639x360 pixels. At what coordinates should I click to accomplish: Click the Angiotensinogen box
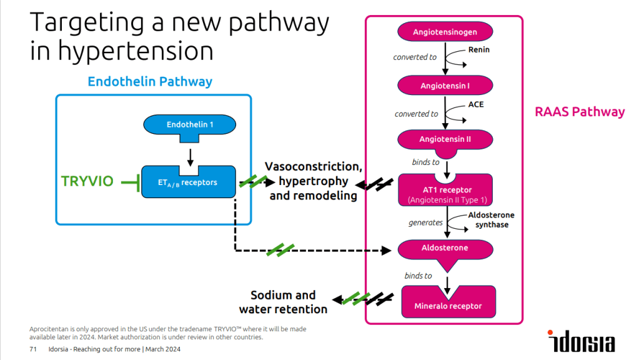click(445, 31)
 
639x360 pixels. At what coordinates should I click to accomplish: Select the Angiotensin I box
click(445, 85)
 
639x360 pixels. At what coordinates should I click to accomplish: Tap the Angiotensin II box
click(445, 139)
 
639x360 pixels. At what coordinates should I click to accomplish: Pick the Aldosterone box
click(445, 248)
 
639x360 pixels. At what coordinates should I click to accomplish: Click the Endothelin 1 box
click(190, 125)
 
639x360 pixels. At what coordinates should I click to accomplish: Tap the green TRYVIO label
click(87, 181)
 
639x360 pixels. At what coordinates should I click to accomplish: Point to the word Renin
click(479, 49)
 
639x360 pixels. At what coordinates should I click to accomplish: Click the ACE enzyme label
click(476, 104)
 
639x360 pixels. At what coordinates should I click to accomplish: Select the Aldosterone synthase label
click(491, 219)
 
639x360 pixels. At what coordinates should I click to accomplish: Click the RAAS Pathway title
click(579, 112)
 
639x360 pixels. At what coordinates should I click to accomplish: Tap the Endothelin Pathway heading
click(150, 82)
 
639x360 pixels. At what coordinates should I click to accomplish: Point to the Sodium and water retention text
click(283, 302)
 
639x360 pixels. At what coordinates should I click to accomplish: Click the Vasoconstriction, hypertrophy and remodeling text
click(313, 181)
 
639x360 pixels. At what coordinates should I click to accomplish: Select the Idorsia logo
click(581, 341)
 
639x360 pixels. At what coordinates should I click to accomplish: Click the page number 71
click(34, 349)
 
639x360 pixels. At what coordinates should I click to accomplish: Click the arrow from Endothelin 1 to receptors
click(190, 152)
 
